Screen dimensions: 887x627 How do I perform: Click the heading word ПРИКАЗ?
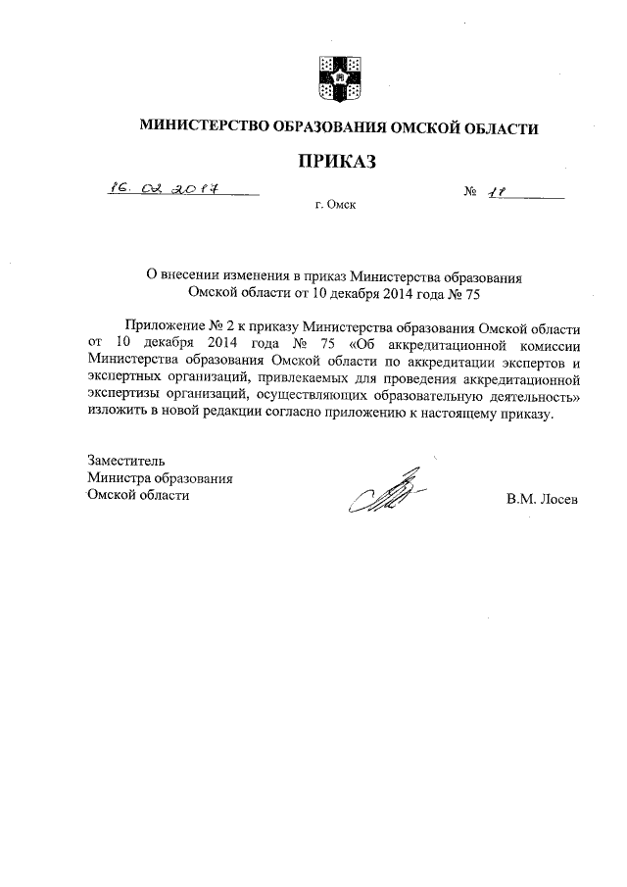pos(337,161)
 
